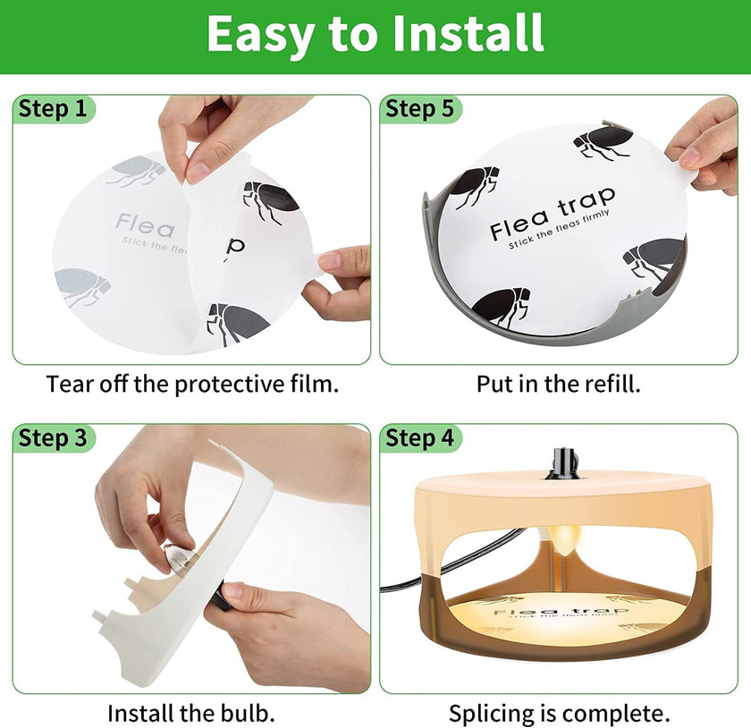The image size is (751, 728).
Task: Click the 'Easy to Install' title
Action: [375, 33]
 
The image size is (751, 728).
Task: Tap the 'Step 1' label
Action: [54, 109]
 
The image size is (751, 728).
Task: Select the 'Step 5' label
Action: [419, 109]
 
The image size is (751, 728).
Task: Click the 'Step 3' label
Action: [54, 437]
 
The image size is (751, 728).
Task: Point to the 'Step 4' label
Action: [419, 437]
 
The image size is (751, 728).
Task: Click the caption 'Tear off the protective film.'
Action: [192, 385]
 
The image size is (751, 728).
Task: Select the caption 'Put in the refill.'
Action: [558, 385]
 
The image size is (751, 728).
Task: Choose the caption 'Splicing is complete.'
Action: [559, 713]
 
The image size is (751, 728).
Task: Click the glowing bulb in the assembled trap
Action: [560, 540]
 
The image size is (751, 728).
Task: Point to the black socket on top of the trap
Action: [563, 463]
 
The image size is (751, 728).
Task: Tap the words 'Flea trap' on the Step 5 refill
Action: [552, 215]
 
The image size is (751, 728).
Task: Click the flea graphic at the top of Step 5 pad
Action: [603, 141]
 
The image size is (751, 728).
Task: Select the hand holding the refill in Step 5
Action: [706, 143]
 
